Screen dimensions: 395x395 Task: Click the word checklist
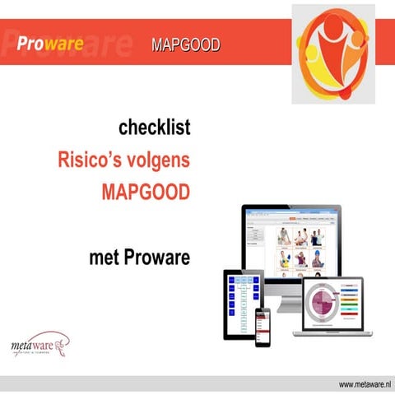click(154, 128)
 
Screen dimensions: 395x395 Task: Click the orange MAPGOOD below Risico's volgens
click(145, 192)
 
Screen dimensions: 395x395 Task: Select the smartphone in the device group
click(263, 325)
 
